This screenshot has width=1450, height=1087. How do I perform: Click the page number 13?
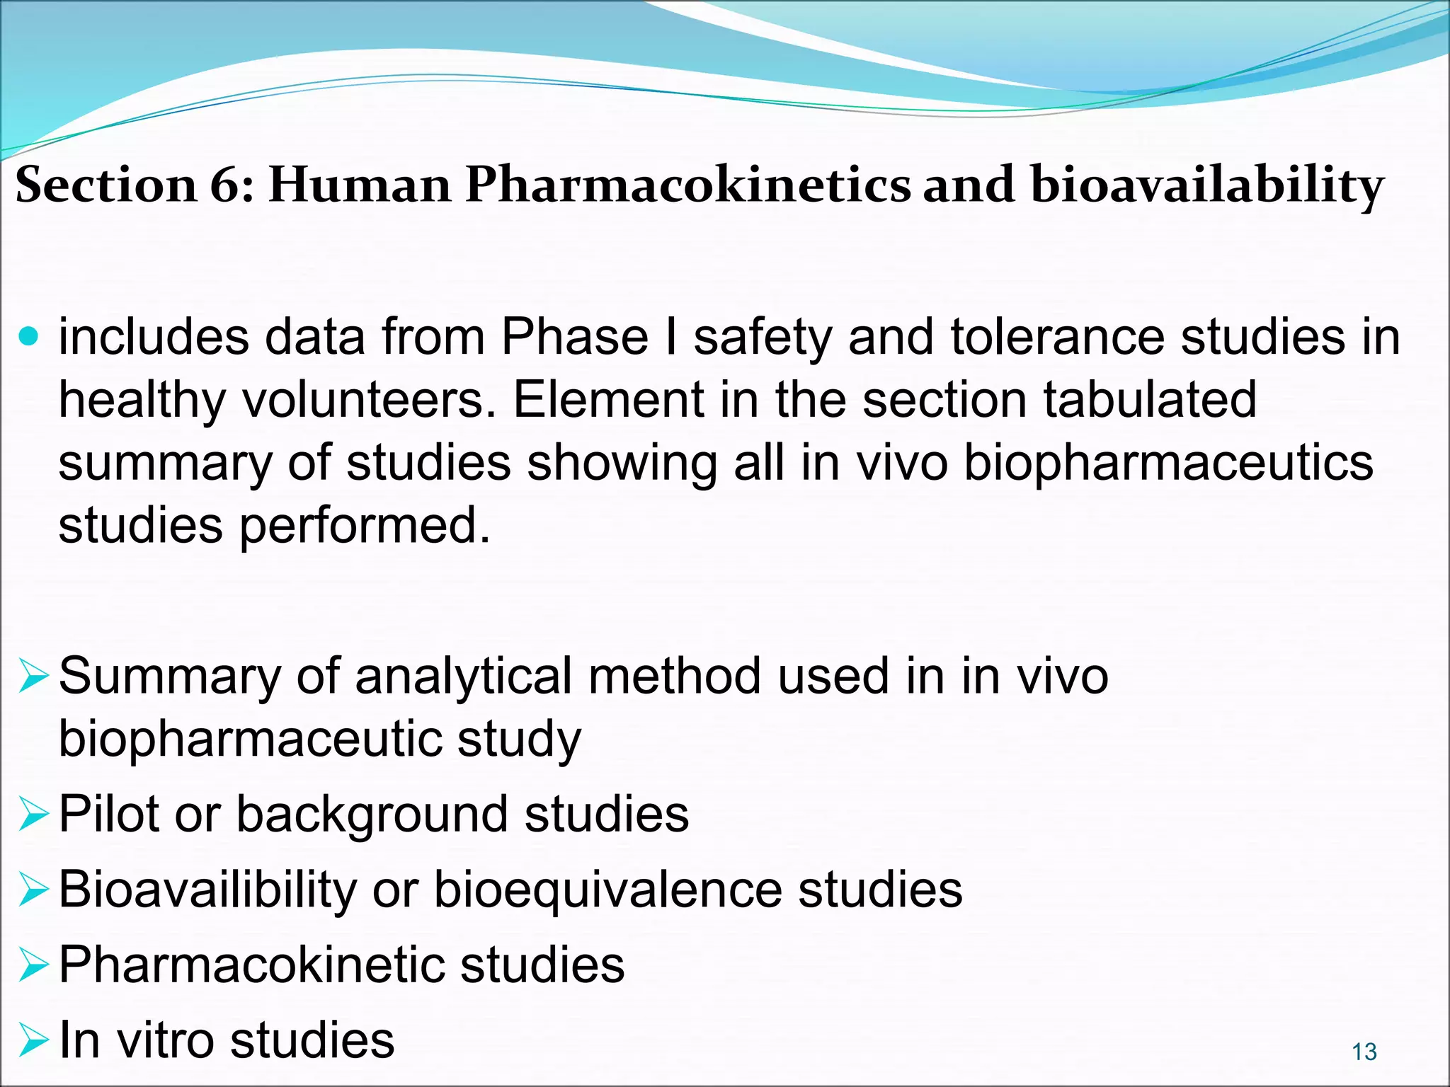tap(1364, 1052)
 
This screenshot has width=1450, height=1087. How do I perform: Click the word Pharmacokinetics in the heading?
tap(687, 185)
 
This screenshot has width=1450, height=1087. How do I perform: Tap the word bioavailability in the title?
tap(1206, 185)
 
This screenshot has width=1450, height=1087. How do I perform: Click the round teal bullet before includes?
tap(29, 336)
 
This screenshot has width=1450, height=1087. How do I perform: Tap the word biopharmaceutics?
tap(1168, 464)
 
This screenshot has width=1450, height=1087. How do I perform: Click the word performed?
tap(365, 527)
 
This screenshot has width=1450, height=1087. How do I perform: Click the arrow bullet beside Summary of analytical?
tap(33, 676)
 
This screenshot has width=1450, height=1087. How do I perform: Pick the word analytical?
tap(463, 677)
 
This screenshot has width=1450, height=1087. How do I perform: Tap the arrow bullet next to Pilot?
tap(33, 814)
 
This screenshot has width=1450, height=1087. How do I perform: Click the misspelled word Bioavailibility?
tap(207, 890)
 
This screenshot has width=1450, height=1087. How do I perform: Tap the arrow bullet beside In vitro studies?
tap(33, 1040)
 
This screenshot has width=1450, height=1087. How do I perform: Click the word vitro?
tap(165, 1040)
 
